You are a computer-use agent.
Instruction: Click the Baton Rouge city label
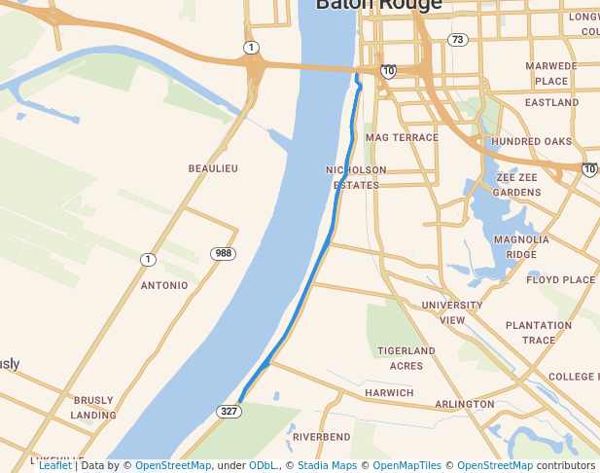tap(378, 5)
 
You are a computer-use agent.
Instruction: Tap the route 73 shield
tap(457, 39)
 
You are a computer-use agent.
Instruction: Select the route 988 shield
tap(224, 253)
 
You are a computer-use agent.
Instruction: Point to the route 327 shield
tap(229, 412)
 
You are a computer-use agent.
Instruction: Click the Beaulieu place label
tap(213, 168)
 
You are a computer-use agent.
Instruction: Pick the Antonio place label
tap(164, 285)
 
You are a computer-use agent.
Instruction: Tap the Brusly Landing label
tap(93, 407)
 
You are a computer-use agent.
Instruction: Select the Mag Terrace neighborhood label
tap(402, 137)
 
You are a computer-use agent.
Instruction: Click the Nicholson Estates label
tap(356, 177)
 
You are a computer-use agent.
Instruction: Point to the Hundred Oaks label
tap(531, 141)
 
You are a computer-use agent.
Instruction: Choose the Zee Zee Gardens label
tap(517, 185)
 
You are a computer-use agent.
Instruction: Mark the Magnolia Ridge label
tap(521, 246)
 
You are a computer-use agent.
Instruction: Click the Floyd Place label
tap(560, 279)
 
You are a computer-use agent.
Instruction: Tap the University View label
tap(452, 312)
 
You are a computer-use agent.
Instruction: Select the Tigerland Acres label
tap(406, 357)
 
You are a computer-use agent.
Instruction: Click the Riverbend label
tap(321, 437)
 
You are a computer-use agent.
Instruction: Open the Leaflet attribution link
tap(55, 465)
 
